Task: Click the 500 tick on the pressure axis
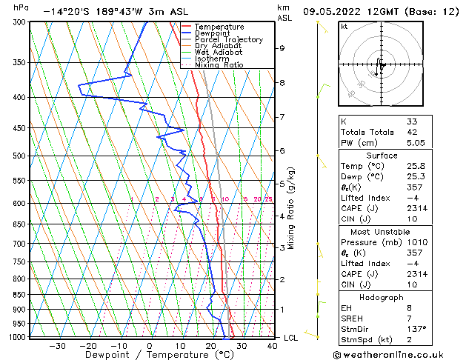coord(20,156)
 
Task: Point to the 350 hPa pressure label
coord(20,62)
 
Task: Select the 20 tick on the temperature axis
coord(210,345)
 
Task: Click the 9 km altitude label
coord(282,48)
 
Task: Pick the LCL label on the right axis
coord(292,338)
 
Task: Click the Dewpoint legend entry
coord(212,33)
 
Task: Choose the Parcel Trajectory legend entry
coord(229,40)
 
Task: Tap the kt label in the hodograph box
coord(344,27)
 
